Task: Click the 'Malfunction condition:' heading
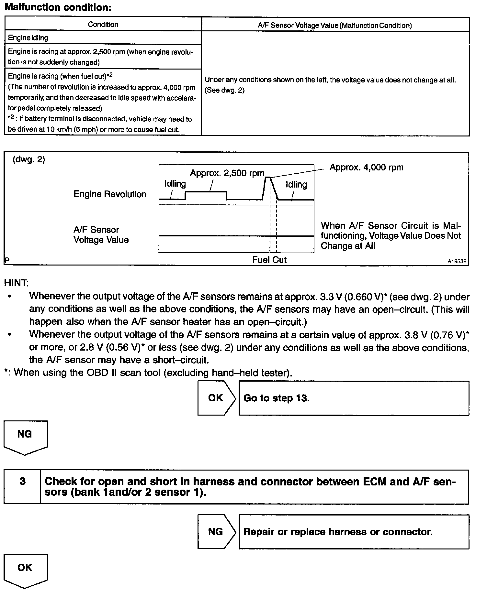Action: point(58,7)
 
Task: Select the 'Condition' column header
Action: point(103,25)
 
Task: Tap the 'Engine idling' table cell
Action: point(28,38)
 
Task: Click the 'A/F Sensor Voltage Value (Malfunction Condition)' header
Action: point(335,25)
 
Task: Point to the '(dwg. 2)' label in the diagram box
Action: point(28,160)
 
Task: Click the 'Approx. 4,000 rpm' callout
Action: point(366,168)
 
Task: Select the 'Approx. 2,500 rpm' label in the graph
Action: point(227,173)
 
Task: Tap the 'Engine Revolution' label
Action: point(110,194)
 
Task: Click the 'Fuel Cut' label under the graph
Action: point(269,260)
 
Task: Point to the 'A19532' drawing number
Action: point(457,261)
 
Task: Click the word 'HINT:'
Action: point(16,283)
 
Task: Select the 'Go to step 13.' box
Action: point(354,398)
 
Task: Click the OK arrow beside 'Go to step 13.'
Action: point(216,398)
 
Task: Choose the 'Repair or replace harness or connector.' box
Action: point(354,532)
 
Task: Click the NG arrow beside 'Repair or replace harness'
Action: point(216,532)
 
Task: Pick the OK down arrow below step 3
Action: point(25,570)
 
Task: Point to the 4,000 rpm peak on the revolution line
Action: point(268,177)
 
